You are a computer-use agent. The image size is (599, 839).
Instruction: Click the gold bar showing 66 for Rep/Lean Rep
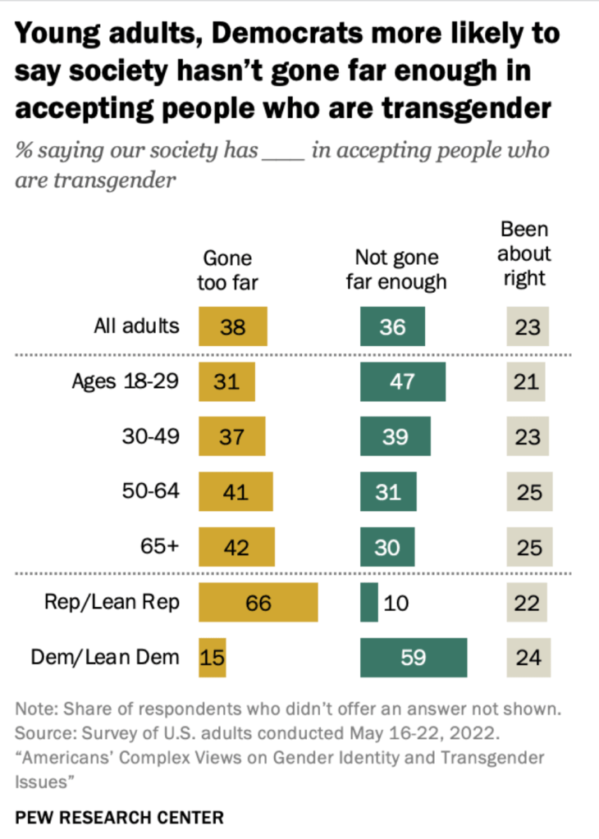(258, 603)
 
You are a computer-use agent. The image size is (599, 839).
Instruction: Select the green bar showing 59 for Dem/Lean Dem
(414, 658)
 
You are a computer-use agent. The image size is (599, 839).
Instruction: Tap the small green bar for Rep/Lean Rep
(369, 603)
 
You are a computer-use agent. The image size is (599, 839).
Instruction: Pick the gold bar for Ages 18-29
(227, 381)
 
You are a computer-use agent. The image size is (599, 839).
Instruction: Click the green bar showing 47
(403, 381)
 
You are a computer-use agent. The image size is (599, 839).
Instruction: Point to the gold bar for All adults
(233, 326)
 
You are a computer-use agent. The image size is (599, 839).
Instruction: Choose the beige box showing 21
(528, 381)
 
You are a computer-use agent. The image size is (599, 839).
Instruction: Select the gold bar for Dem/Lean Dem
(213, 658)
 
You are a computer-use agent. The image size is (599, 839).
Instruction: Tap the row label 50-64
(151, 492)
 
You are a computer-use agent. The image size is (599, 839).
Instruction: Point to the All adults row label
(135, 326)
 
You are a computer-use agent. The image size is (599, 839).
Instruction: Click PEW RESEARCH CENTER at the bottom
(119, 817)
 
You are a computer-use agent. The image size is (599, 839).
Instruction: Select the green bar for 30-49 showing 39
(396, 436)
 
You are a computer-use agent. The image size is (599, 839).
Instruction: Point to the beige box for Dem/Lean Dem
(528, 658)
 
